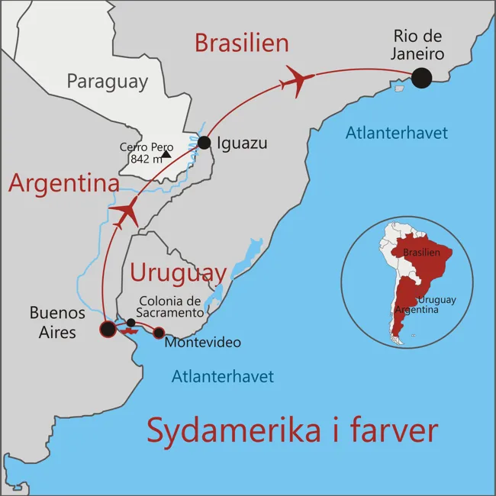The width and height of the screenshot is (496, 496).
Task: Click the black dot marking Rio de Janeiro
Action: pos(420,78)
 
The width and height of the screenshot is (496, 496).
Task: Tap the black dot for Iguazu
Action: pos(204,143)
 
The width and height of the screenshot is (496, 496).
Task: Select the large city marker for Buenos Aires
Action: pos(108,329)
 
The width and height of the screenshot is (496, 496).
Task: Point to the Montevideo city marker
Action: pos(159,333)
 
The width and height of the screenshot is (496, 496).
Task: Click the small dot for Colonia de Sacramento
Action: pos(130,323)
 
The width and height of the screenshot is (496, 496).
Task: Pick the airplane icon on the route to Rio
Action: pos(297,80)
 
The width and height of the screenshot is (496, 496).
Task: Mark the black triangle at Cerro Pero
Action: pos(166,154)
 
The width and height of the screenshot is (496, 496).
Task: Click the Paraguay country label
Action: pos(107,82)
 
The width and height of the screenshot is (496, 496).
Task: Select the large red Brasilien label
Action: pos(241,43)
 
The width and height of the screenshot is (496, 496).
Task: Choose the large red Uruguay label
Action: pos(178,272)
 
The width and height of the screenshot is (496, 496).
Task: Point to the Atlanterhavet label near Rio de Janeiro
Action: pos(396,133)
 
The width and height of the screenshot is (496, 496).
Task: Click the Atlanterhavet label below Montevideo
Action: pos(222,375)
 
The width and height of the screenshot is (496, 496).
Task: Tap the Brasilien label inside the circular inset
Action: pos(422,253)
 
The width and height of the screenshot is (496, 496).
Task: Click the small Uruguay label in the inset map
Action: pos(436,300)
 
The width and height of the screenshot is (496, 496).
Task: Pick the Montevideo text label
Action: pos(202,343)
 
